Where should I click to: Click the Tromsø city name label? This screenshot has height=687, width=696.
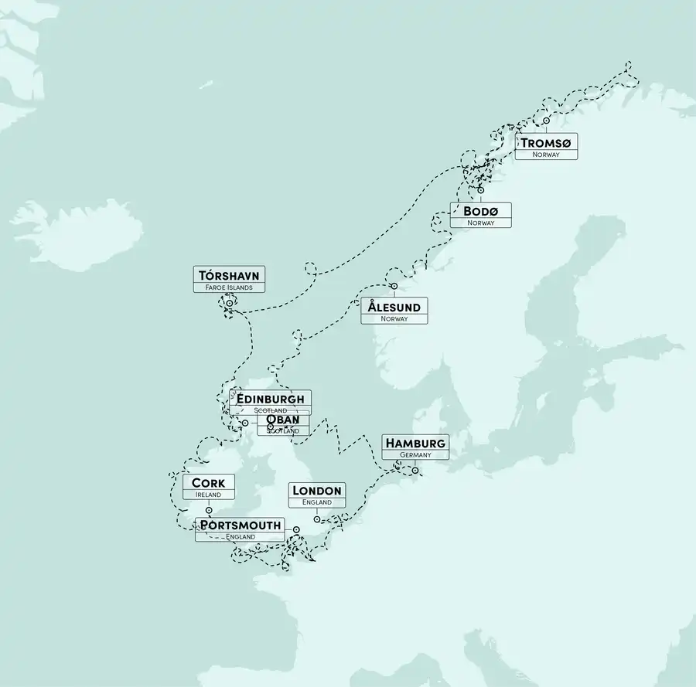pos(546,143)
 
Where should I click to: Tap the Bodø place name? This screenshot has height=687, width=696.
pos(480,211)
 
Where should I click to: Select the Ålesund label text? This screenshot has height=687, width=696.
pos(394,307)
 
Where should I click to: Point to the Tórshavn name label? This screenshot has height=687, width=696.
pos(229,276)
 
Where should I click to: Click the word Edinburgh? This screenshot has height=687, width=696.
pos(271,399)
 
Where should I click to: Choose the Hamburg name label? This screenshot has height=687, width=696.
pos(415,443)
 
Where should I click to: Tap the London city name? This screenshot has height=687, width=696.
pos(317,491)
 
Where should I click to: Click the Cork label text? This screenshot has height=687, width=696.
pos(209,483)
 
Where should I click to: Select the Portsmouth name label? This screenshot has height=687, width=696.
pos(240,525)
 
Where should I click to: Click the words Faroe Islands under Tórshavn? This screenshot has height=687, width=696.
pos(229,287)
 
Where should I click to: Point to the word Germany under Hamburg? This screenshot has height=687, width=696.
pos(415,455)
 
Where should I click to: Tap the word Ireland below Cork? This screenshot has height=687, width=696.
pos(209,495)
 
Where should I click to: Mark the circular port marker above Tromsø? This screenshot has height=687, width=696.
pos(546,121)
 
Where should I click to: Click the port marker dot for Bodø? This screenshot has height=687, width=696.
pos(480,190)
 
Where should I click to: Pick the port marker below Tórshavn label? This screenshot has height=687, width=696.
pos(229,304)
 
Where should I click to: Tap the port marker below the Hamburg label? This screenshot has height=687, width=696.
pos(415,470)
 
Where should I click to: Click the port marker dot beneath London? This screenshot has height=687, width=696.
pos(317,519)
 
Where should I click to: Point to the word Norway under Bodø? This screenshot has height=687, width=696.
pos(480,223)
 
